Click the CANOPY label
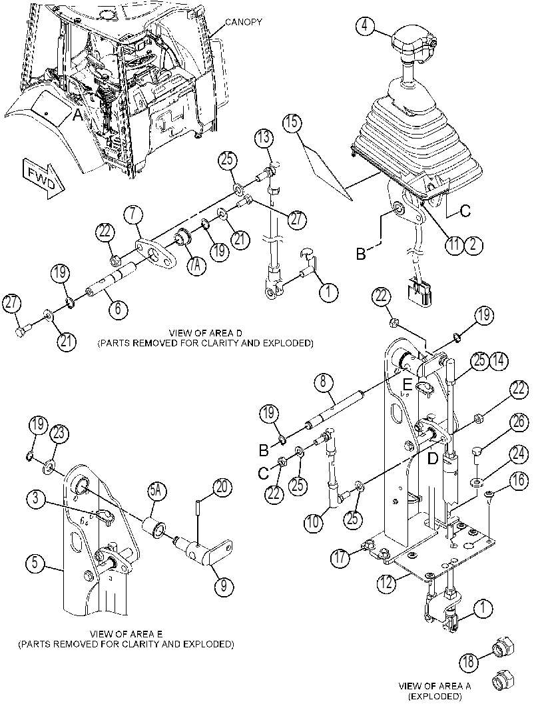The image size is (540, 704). point(243,21)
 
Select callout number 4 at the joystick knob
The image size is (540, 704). point(366,25)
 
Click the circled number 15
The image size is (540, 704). point(292,122)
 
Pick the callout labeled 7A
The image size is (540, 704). point(196,265)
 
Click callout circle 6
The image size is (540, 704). point(118,310)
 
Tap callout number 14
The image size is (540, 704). point(499,360)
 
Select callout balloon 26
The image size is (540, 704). point(519,421)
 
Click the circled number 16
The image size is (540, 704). point(519,481)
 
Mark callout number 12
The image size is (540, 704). point(388,583)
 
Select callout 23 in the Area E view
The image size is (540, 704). point(60,434)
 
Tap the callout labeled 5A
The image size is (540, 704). point(156,492)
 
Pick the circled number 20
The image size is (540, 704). point(224,487)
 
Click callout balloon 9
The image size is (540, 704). point(224,586)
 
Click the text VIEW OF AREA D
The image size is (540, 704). point(205,333)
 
